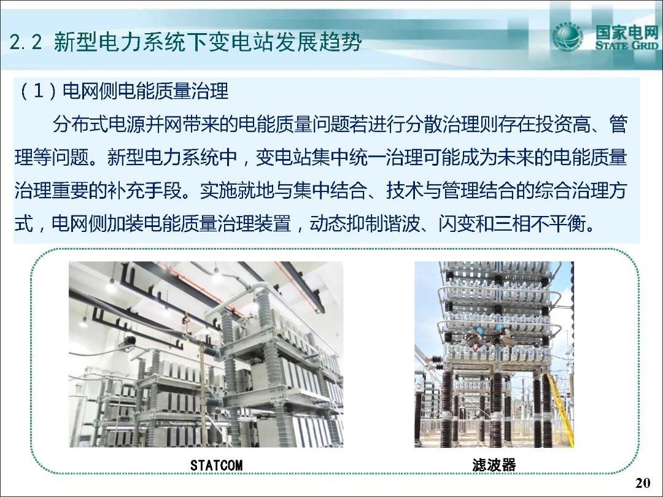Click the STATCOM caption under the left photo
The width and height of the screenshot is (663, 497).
[x=217, y=465]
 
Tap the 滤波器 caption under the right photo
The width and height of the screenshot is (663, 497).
[x=494, y=465]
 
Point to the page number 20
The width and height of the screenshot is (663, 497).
[x=643, y=483]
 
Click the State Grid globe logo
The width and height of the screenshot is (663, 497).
[x=567, y=37]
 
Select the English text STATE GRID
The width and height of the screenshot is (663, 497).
[x=627, y=45]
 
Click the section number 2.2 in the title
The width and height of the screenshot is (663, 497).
[x=25, y=42]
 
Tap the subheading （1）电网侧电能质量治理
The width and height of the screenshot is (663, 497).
[x=122, y=91]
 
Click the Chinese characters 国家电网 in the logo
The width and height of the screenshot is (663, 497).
[x=627, y=32]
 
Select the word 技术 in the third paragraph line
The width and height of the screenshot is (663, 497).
[x=405, y=190]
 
